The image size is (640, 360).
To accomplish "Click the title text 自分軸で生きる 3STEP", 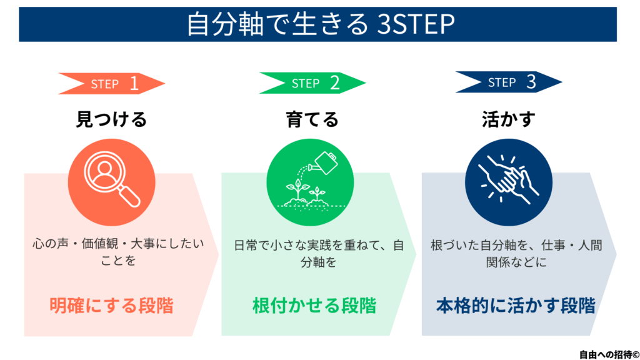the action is (x=321, y=24).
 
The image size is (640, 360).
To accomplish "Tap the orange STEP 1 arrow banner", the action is (x=111, y=84).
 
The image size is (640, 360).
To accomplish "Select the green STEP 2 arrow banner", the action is (x=312, y=83).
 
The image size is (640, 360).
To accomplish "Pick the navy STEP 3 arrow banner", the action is (x=509, y=82).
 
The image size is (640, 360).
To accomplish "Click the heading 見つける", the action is (x=111, y=119).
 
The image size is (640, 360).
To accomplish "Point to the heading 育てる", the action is (x=312, y=119).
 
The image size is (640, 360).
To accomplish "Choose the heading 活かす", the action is (x=509, y=119).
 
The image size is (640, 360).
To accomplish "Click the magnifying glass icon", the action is (x=111, y=179).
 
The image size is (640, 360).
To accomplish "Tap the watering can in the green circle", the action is (x=324, y=163).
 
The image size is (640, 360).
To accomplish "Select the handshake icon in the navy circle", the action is (x=508, y=179).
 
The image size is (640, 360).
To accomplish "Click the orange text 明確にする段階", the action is (x=111, y=305).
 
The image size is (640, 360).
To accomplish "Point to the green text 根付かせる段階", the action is (x=314, y=305).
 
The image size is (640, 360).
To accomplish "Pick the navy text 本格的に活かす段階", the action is (x=516, y=305).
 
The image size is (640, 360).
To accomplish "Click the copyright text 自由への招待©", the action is (x=609, y=354).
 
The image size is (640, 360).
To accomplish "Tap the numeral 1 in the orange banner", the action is (x=134, y=84).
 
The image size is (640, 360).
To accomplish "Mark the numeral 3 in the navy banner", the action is (x=531, y=82).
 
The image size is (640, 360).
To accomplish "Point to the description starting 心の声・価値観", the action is (x=118, y=252).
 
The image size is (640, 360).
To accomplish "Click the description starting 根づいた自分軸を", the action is (x=516, y=254).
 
